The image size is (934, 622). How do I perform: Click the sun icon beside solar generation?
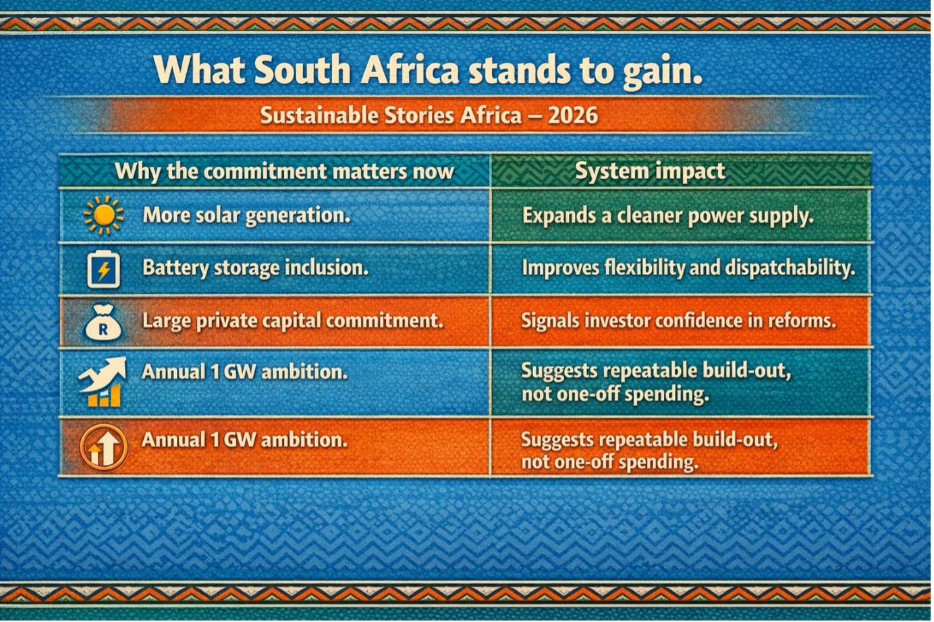(104, 215)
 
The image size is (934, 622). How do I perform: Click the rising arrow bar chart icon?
(103, 382)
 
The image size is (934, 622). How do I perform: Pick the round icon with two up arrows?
(103, 447)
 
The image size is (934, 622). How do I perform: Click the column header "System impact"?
(650, 171)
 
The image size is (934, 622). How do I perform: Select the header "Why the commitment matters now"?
(284, 171)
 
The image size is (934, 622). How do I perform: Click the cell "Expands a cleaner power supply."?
(668, 217)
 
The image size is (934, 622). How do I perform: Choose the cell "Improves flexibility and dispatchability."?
(688, 268)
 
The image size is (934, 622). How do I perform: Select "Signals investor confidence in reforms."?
(679, 320)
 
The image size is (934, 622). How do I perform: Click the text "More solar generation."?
(246, 216)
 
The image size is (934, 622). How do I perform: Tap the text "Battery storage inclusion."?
(256, 268)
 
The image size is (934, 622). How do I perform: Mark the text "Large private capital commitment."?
(293, 321)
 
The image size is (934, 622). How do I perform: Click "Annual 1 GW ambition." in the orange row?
(244, 440)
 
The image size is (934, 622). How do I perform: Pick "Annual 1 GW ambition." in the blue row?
(244, 372)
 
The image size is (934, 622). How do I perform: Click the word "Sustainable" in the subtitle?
(319, 115)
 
